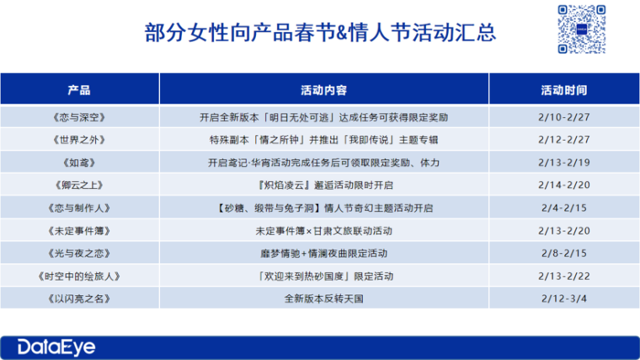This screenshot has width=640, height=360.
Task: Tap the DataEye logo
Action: pyautogui.click(x=56, y=346)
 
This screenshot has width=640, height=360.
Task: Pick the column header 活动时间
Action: pyautogui.click(x=564, y=91)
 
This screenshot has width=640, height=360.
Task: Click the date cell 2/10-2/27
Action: pyautogui.click(x=564, y=118)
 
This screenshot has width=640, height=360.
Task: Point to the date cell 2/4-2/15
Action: pyautogui.click(x=564, y=207)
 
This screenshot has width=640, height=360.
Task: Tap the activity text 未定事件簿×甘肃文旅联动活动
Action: pyautogui.click(x=324, y=229)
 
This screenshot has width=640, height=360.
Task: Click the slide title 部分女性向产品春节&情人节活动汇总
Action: pyautogui.click(x=320, y=34)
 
